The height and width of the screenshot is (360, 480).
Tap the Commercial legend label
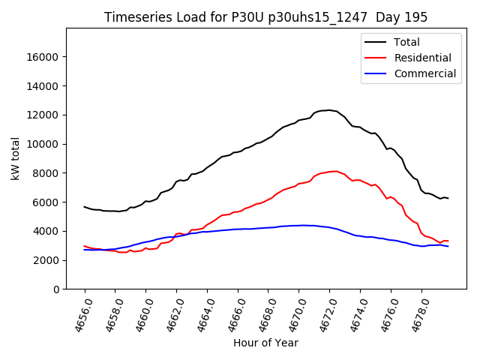tap(424, 73)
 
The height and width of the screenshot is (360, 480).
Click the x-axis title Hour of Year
tap(265, 343)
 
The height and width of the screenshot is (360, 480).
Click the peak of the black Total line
tap(329, 110)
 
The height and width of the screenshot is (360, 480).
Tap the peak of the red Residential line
tap(334, 171)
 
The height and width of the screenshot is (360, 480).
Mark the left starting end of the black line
tap(85, 207)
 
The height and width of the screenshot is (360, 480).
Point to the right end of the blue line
tap(448, 247)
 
